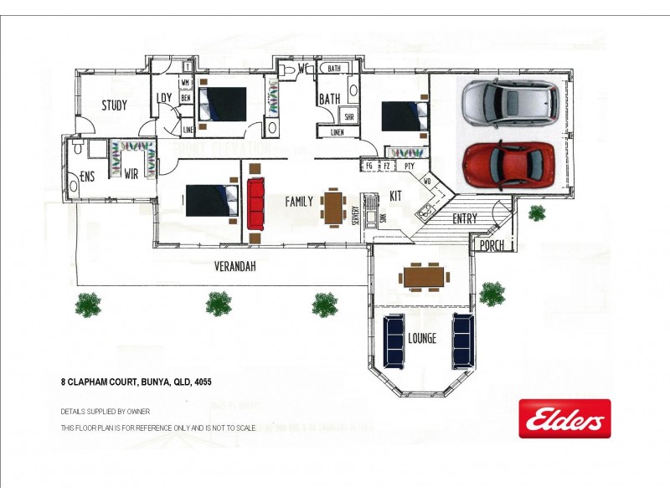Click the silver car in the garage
pos(510,101)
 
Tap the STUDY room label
pos(115,105)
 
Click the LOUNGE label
pos(422,339)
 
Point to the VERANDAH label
pos(234,267)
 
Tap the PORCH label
pos(492,246)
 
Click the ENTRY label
pos(465,219)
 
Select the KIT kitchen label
pos(396,196)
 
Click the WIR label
pos(131,175)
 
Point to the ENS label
pos(87,177)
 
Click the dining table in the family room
pos(333,207)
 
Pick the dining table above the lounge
pos(422,275)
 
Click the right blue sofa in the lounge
pos(462,341)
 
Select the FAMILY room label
pos(299,202)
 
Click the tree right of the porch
pos(537,213)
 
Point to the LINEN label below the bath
pos(337,132)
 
